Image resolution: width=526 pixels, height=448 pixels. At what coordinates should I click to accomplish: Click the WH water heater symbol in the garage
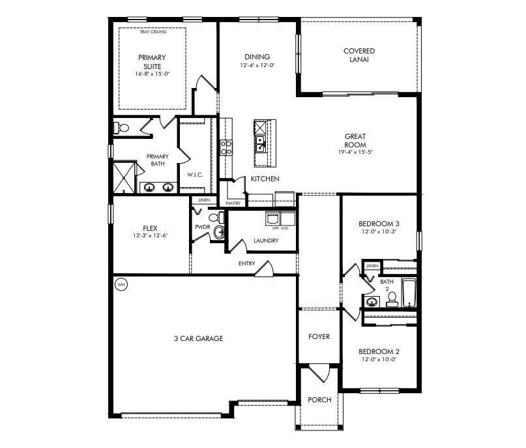pos(121,284)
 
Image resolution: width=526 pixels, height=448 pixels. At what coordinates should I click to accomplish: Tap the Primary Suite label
pos(151,62)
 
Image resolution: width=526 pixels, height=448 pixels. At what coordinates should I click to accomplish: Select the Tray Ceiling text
pos(153,31)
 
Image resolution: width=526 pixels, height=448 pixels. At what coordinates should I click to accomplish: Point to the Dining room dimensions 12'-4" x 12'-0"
pos(257,66)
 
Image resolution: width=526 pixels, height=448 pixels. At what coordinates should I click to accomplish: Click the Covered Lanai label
pos(359,55)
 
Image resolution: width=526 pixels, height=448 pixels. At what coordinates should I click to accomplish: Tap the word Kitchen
pos(265,179)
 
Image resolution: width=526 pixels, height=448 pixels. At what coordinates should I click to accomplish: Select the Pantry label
pos(233,203)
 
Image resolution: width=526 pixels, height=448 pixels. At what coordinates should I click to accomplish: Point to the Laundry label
pos(265,241)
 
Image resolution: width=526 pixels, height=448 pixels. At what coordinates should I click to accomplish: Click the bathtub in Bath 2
pos(409,292)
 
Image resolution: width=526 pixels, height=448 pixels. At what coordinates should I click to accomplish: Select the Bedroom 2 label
pos(379,351)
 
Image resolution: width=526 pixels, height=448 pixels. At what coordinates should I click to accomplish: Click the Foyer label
pos(319,337)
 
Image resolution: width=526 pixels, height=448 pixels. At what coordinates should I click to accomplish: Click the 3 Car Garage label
pos(198,338)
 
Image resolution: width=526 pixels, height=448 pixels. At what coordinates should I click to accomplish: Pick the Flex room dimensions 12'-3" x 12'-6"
pos(151,235)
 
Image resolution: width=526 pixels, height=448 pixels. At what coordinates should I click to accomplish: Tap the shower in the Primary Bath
pos(124,177)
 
